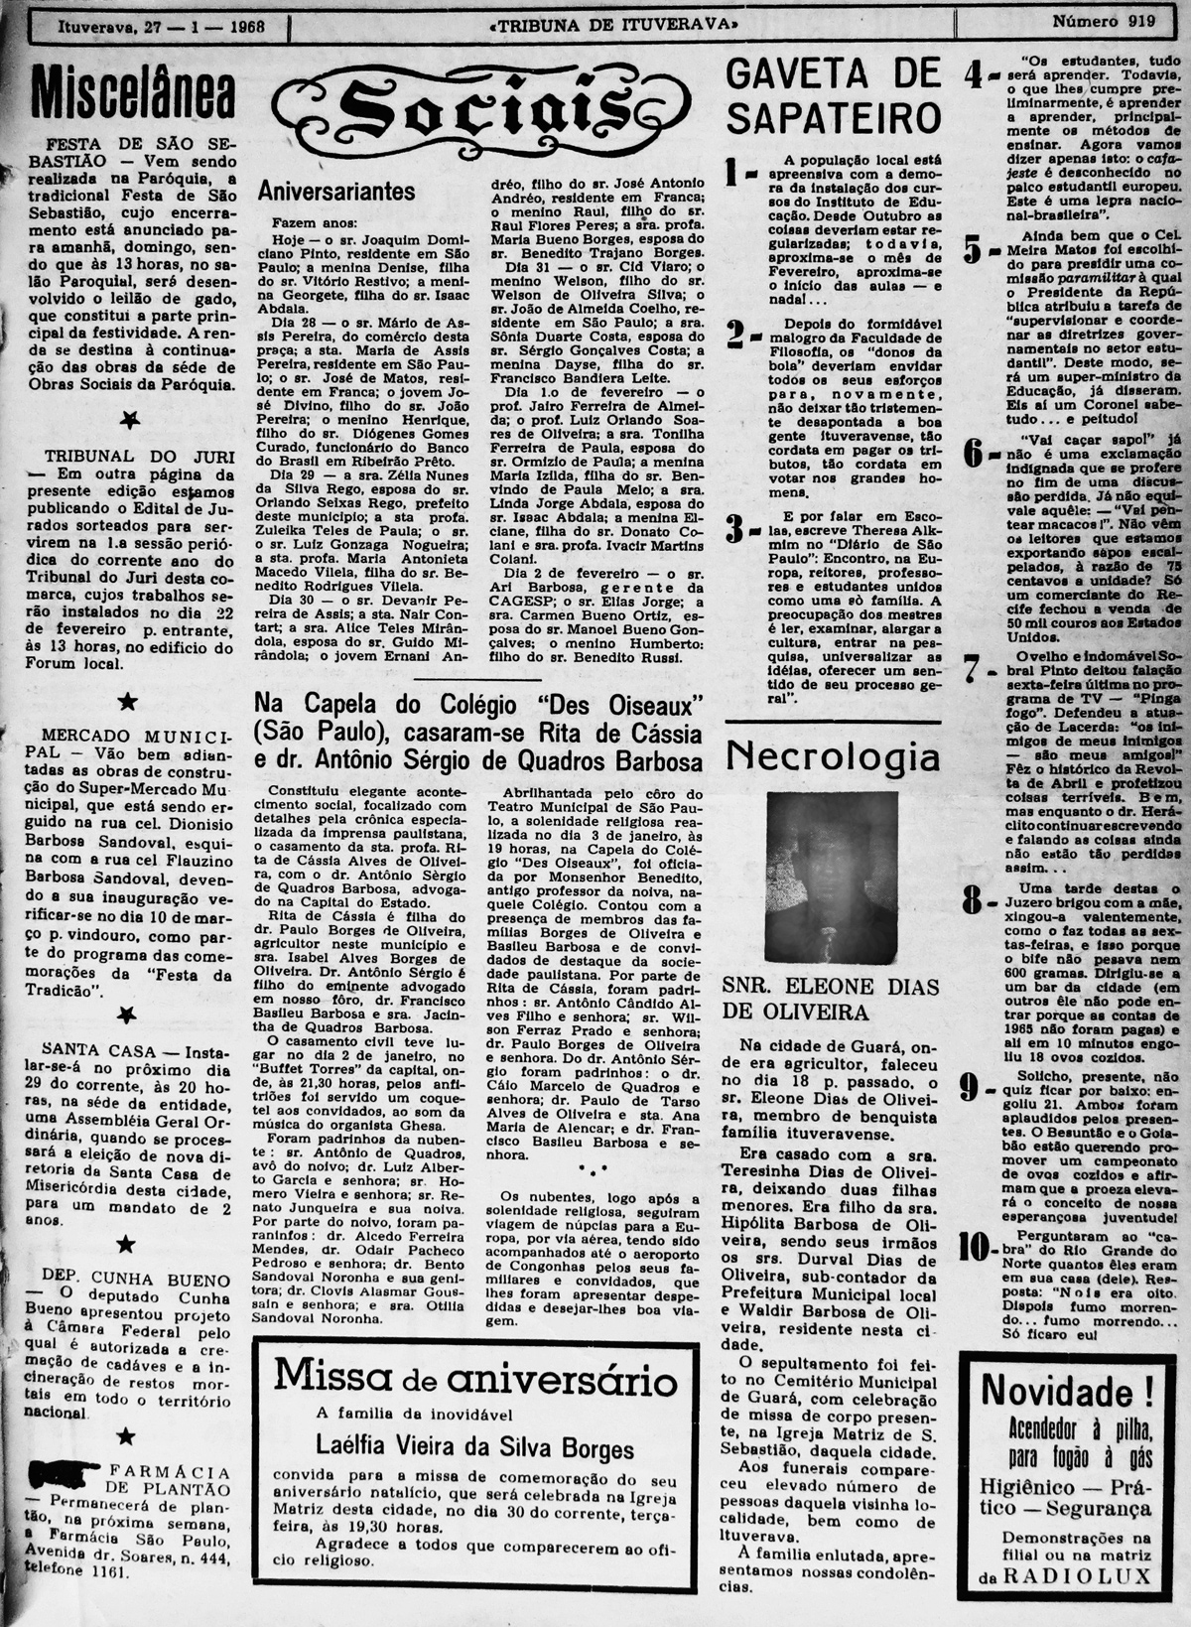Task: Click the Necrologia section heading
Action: pos(833,757)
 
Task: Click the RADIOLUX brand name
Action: pos(1077,1575)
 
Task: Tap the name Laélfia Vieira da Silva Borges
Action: pos(474,1444)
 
